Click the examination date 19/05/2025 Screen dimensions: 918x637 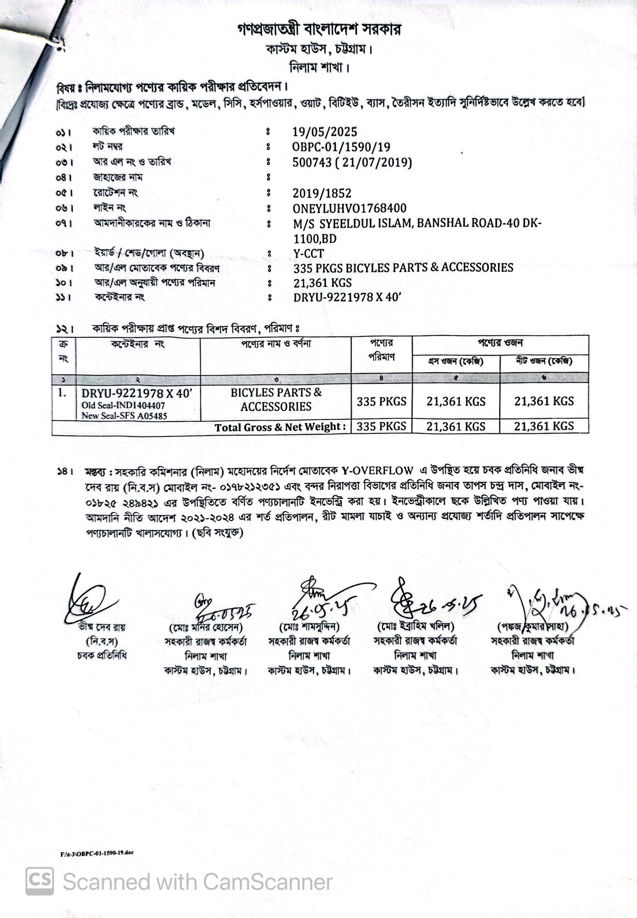(x=324, y=132)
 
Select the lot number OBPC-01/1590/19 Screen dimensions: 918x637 (x=341, y=147)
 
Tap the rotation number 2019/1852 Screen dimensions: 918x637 (x=322, y=194)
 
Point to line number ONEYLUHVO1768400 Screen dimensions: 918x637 (x=350, y=208)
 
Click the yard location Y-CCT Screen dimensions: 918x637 (x=309, y=254)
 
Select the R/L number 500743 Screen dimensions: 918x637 (x=312, y=163)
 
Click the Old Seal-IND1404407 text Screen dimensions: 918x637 (x=123, y=405)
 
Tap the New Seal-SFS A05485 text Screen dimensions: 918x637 (x=124, y=416)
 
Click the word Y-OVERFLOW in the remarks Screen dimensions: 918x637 (x=377, y=471)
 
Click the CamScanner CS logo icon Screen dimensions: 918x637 (x=40, y=881)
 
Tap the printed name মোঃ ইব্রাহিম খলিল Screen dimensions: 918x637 (x=415, y=627)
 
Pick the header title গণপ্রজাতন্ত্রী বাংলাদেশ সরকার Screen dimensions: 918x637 (x=319, y=29)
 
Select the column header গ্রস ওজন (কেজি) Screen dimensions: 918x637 (x=456, y=361)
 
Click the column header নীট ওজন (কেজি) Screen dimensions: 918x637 (x=544, y=361)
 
